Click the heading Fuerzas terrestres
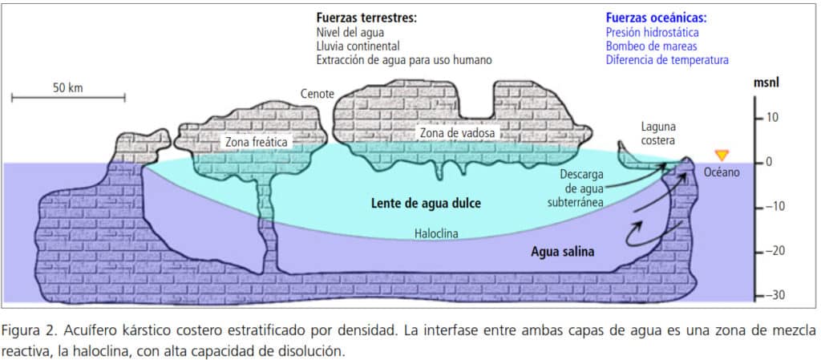366,18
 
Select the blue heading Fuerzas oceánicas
657,18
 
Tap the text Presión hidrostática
653,33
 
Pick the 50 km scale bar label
69,87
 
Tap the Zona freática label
256,142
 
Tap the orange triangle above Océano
722,155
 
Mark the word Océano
722,172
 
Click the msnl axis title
767,83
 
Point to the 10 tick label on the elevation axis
775,118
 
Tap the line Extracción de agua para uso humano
403,60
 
